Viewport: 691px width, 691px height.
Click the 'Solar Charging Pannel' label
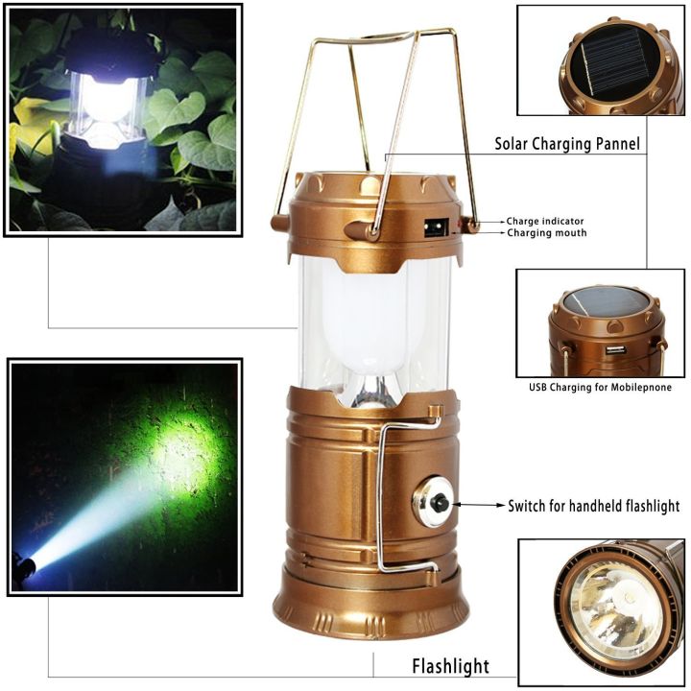(567, 145)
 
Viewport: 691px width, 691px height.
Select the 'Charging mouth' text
(546, 233)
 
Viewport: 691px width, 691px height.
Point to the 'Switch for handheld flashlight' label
(593, 506)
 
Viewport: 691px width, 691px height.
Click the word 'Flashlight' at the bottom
(450, 665)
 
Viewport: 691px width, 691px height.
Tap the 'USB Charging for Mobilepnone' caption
(600, 388)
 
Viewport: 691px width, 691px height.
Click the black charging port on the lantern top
(435, 228)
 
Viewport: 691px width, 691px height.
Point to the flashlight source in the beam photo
(26, 565)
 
